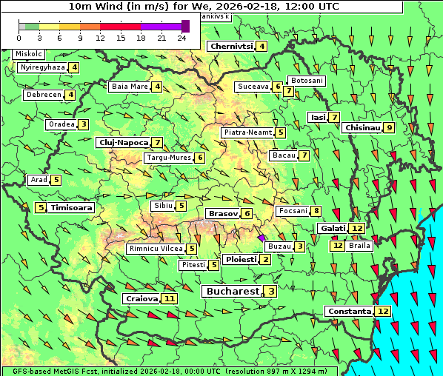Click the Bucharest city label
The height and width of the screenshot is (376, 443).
click(232, 292)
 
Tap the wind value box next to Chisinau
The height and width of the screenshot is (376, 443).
click(390, 127)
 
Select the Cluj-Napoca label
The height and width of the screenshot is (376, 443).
click(122, 142)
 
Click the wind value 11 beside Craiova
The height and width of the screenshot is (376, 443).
click(170, 299)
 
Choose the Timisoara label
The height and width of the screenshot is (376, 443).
click(72, 208)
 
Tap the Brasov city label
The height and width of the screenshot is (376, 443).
click(222, 214)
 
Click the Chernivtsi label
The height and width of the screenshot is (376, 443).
click(231, 47)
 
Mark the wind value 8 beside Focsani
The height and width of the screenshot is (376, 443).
click(316, 211)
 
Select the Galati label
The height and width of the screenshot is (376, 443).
click(333, 229)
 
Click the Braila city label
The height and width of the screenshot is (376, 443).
click(359, 245)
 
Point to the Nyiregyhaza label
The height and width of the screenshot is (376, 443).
click(42, 67)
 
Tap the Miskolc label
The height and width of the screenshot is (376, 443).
click(28, 54)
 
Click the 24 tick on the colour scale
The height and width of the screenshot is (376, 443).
click(181, 36)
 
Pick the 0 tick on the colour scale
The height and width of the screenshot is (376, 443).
click(19, 36)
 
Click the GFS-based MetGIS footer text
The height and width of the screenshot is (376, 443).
click(169, 371)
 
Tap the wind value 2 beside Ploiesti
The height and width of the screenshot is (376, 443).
click(266, 260)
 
